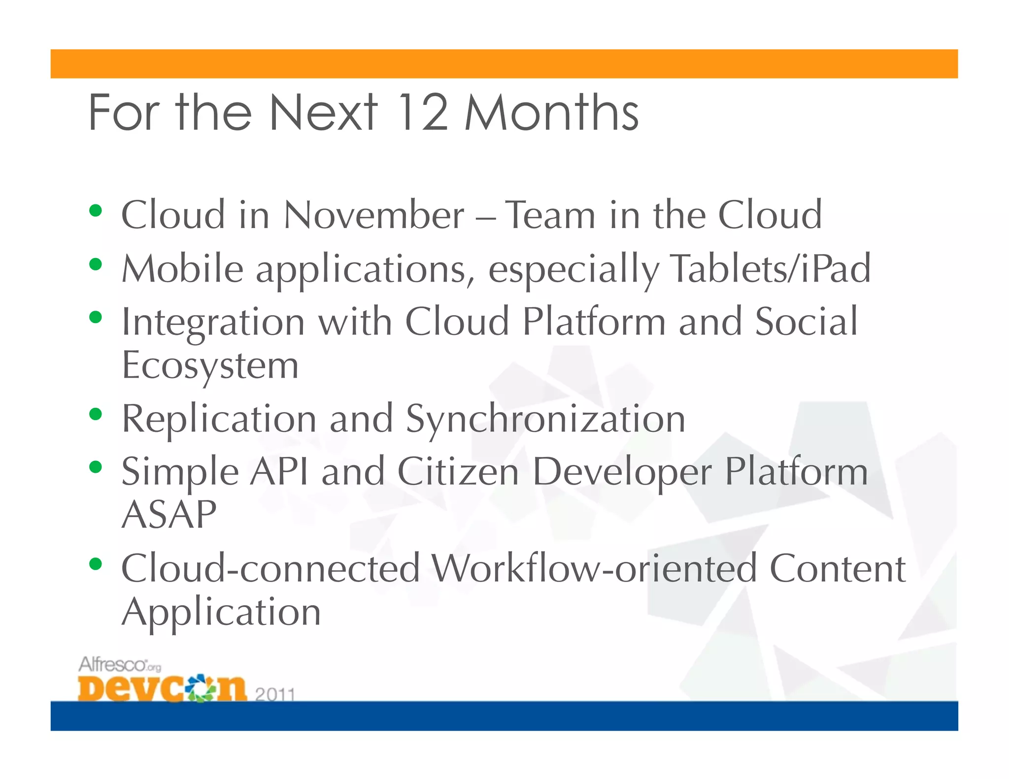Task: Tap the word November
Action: coord(374,215)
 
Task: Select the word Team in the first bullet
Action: coord(550,215)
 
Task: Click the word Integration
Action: coord(213,323)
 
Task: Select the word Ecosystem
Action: coord(210,367)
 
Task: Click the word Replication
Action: coord(219,420)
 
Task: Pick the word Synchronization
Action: coord(545,420)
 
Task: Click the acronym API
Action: coord(279,472)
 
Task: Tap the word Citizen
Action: coord(458,472)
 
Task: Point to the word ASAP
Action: coord(169,515)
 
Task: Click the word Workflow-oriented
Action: coord(594,569)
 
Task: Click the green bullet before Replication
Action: coord(96,414)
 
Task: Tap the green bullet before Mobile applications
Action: coord(96,265)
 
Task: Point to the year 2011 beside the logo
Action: coord(274,694)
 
